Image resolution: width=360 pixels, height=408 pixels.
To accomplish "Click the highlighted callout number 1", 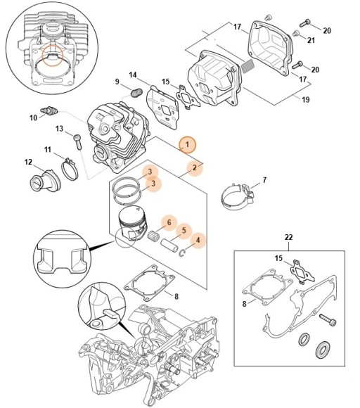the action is click(x=187, y=144).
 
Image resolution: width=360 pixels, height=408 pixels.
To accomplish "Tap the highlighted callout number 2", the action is click(x=195, y=168).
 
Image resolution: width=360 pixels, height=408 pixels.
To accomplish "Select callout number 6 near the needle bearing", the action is click(x=169, y=223).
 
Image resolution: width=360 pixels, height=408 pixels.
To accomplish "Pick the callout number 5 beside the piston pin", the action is click(x=184, y=231).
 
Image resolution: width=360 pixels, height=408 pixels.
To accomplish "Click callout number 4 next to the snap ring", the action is click(x=198, y=241).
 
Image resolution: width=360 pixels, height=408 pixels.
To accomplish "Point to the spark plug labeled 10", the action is click(x=49, y=111).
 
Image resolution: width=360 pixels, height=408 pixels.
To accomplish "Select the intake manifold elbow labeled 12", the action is click(x=45, y=181).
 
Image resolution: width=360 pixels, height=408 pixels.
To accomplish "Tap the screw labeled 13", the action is click(x=78, y=141).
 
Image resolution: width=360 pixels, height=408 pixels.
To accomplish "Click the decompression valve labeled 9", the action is click(x=136, y=93).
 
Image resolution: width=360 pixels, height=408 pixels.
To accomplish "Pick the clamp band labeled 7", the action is click(x=238, y=197).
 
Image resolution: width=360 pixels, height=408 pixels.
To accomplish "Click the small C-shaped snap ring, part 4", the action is click(x=183, y=253).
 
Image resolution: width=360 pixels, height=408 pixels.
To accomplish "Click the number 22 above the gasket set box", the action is click(x=289, y=237).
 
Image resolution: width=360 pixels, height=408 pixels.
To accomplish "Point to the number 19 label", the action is click(x=305, y=99).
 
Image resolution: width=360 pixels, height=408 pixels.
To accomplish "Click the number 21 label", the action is click(x=311, y=40).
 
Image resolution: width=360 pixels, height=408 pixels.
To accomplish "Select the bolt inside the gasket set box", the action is click(x=328, y=320).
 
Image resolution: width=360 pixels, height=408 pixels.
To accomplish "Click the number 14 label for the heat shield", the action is click(x=133, y=75).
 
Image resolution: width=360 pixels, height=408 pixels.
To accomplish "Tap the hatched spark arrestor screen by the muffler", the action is click(x=247, y=66).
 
